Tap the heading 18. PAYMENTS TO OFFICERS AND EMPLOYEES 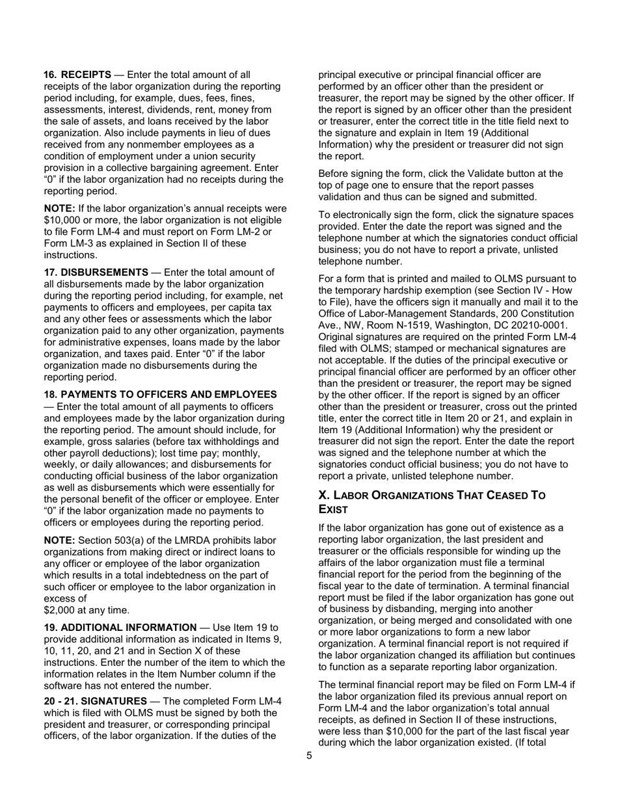(160, 395)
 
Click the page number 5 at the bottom (309, 756)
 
